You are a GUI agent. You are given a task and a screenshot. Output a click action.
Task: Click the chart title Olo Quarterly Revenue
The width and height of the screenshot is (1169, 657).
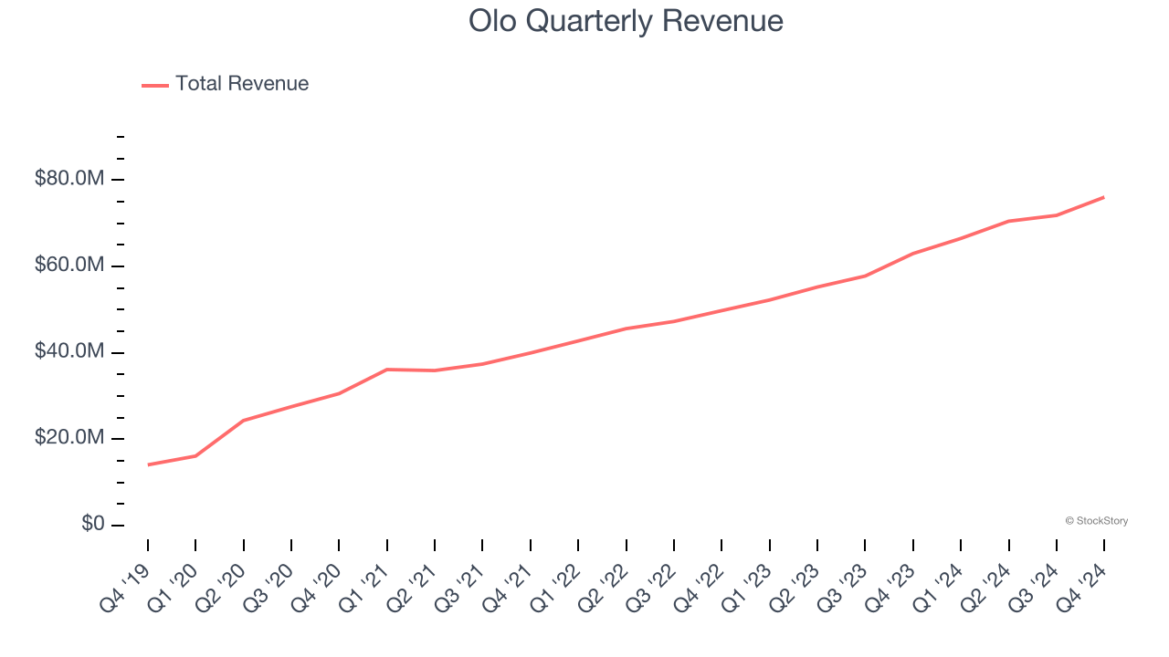click(626, 20)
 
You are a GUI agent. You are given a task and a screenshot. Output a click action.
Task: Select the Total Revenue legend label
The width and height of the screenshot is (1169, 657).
click(242, 84)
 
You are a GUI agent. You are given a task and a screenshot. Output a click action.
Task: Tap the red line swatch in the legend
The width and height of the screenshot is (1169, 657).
click(155, 85)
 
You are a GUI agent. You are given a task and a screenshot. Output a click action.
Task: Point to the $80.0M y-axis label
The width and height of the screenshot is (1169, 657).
click(69, 179)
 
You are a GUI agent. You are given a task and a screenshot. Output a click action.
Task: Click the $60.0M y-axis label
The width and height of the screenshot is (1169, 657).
click(69, 266)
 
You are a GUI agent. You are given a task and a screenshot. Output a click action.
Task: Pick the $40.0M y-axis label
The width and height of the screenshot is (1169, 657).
click(69, 352)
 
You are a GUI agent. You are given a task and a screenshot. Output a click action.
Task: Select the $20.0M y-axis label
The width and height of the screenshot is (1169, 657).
click(69, 439)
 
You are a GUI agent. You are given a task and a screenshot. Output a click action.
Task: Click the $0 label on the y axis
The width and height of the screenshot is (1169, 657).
click(92, 525)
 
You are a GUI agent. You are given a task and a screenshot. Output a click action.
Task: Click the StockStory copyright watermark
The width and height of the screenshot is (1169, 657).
click(1096, 521)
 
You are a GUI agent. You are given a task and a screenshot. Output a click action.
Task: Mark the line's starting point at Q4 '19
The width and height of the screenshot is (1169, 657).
click(148, 464)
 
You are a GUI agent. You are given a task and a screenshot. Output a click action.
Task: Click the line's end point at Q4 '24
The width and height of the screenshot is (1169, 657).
click(1104, 197)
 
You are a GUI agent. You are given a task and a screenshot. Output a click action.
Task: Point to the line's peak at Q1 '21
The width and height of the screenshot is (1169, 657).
click(387, 370)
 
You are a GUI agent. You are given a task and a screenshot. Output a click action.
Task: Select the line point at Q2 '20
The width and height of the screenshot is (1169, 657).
click(244, 420)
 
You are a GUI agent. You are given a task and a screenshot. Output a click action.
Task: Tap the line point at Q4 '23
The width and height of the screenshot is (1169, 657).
click(913, 254)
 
